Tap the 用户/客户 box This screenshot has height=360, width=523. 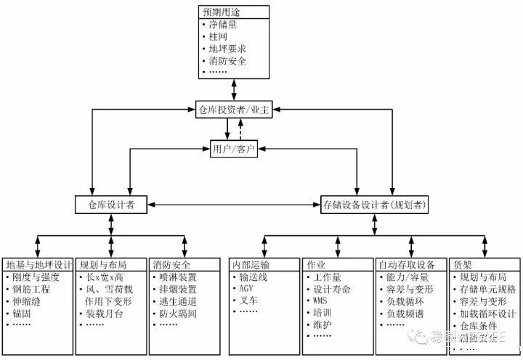pyautogui.click(x=233, y=149)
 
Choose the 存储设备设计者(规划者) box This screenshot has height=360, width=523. pyautogui.click(x=375, y=205)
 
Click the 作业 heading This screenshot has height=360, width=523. pyautogui.click(x=317, y=264)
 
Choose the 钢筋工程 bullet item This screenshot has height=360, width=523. pyautogui.click(x=33, y=288)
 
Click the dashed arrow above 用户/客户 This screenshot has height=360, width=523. pyautogui.click(x=240, y=129)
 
